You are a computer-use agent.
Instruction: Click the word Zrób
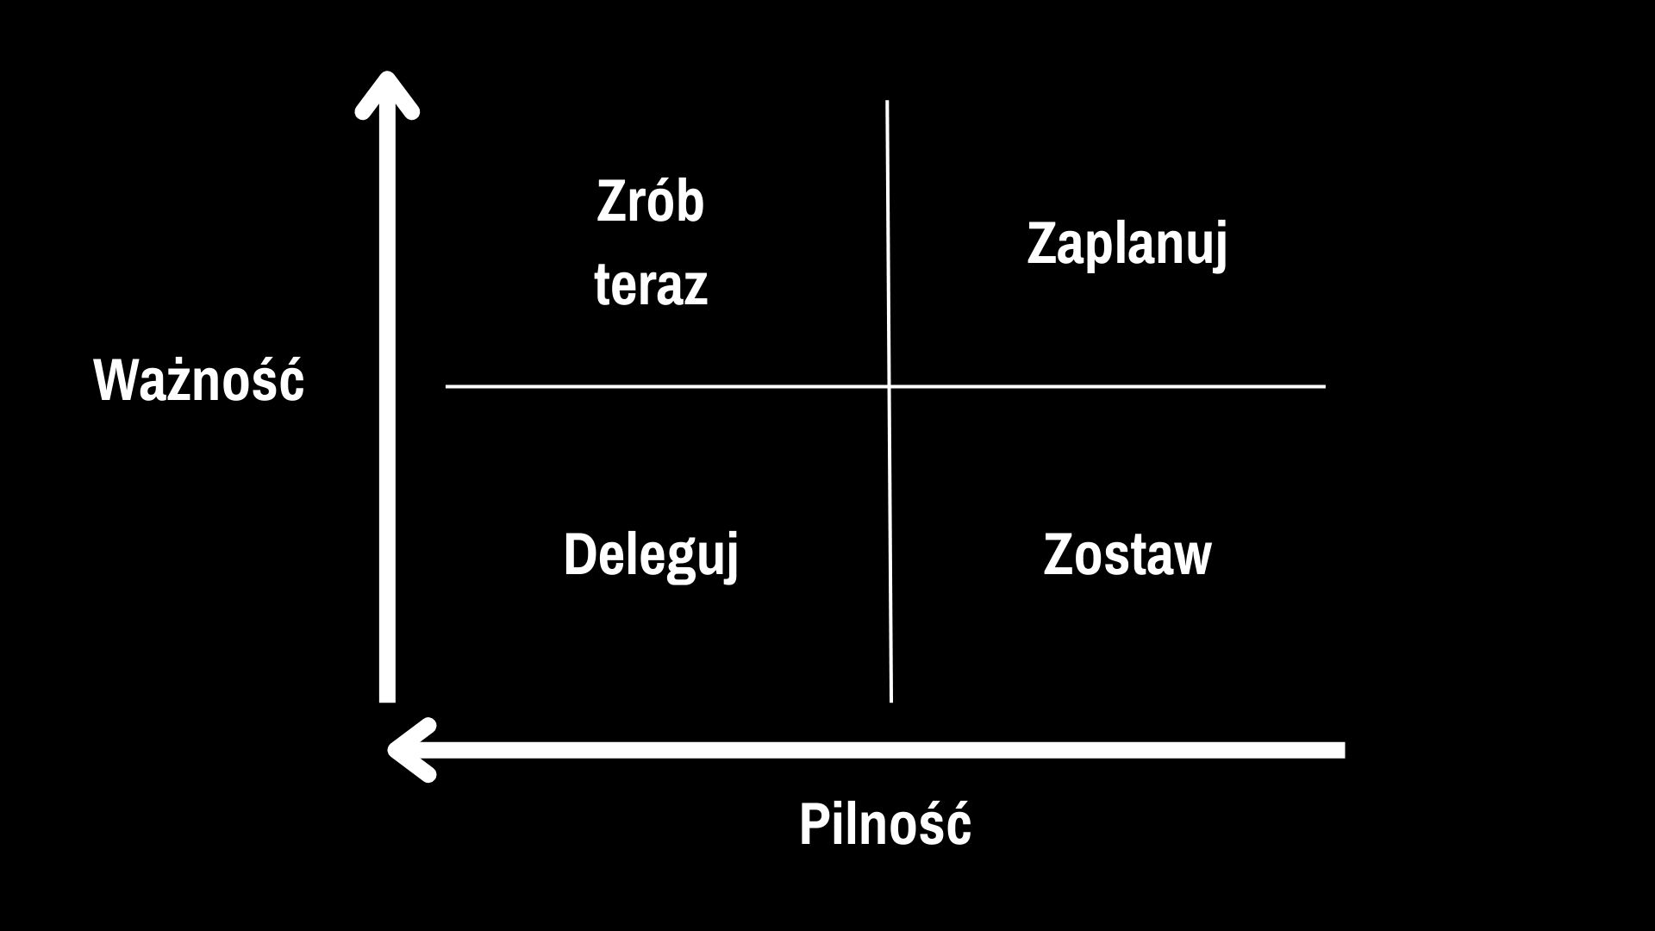coord(651,202)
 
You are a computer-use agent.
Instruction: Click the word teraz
coord(651,284)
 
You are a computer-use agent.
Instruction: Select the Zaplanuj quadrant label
coord(1127,245)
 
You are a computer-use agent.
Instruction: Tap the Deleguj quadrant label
coord(651,556)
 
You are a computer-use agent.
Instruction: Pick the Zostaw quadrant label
coord(1127,554)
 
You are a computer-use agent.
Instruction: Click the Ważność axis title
coord(199,379)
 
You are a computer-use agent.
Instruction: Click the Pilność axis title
coord(885,824)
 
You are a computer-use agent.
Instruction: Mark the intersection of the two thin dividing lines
coord(889,387)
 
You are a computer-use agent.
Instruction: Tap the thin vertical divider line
coord(889,401)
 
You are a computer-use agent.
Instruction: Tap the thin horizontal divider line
coord(885,387)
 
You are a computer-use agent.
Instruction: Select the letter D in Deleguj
coord(578,554)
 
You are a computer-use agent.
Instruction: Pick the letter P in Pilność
coord(814,825)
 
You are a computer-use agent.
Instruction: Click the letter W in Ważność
coord(117,381)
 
